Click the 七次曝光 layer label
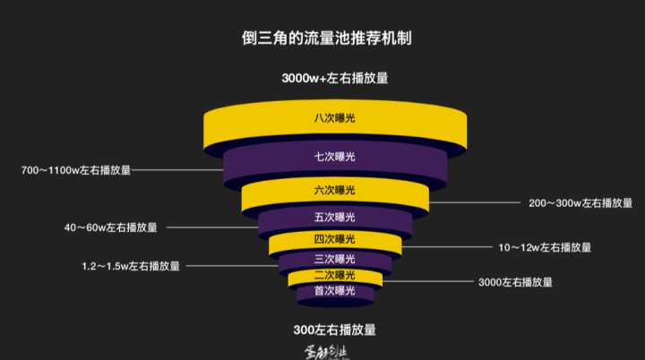(334, 157)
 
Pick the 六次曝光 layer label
(334, 190)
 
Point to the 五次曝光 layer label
(334, 217)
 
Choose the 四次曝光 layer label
(334, 239)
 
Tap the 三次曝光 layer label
(334, 259)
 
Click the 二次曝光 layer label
(334, 275)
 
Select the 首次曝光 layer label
(334, 291)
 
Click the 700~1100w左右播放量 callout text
(76, 169)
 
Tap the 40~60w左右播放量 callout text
(110, 227)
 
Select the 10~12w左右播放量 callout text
(545, 247)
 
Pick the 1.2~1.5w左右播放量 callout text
(131, 266)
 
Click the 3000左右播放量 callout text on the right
(515, 282)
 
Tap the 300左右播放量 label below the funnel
(334, 329)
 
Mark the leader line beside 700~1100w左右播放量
(179, 169)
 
